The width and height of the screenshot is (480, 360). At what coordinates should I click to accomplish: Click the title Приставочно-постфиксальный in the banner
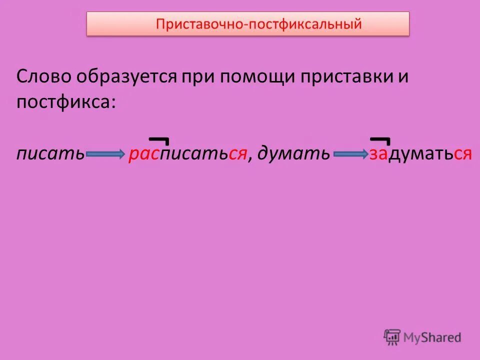(258, 24)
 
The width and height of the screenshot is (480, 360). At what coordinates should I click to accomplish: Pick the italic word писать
(50, 154)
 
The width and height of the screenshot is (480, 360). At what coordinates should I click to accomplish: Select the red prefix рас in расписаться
(143, 154)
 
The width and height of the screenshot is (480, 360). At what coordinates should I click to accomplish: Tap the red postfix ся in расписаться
(237, 154)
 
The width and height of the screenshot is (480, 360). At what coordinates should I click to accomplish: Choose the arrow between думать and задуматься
(350, 154)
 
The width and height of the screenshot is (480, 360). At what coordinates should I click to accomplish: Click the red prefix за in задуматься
(378, 154)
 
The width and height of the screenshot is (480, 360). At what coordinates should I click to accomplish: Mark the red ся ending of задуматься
(462, 154)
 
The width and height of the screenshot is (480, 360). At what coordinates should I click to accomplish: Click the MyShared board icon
(392, 337)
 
